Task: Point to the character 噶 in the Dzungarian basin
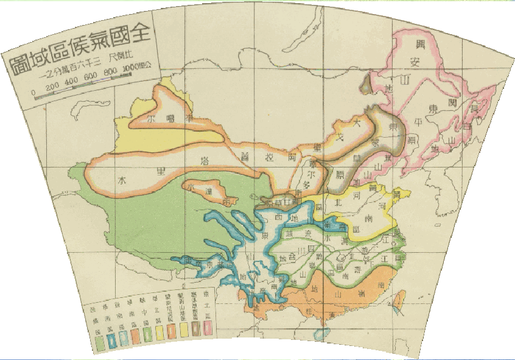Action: pos(172,119)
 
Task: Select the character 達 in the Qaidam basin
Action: pos(208,192)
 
